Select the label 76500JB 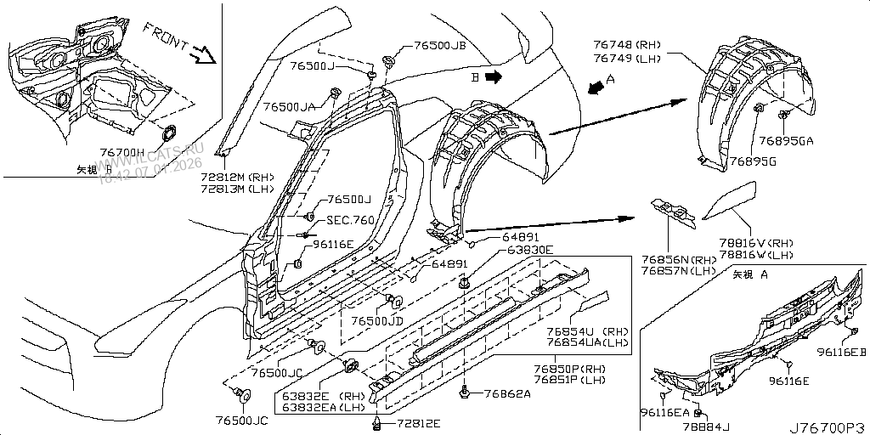440,47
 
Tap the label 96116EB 841,351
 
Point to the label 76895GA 786,141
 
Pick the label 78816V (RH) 757,242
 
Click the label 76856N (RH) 679,260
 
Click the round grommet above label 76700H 167,133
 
